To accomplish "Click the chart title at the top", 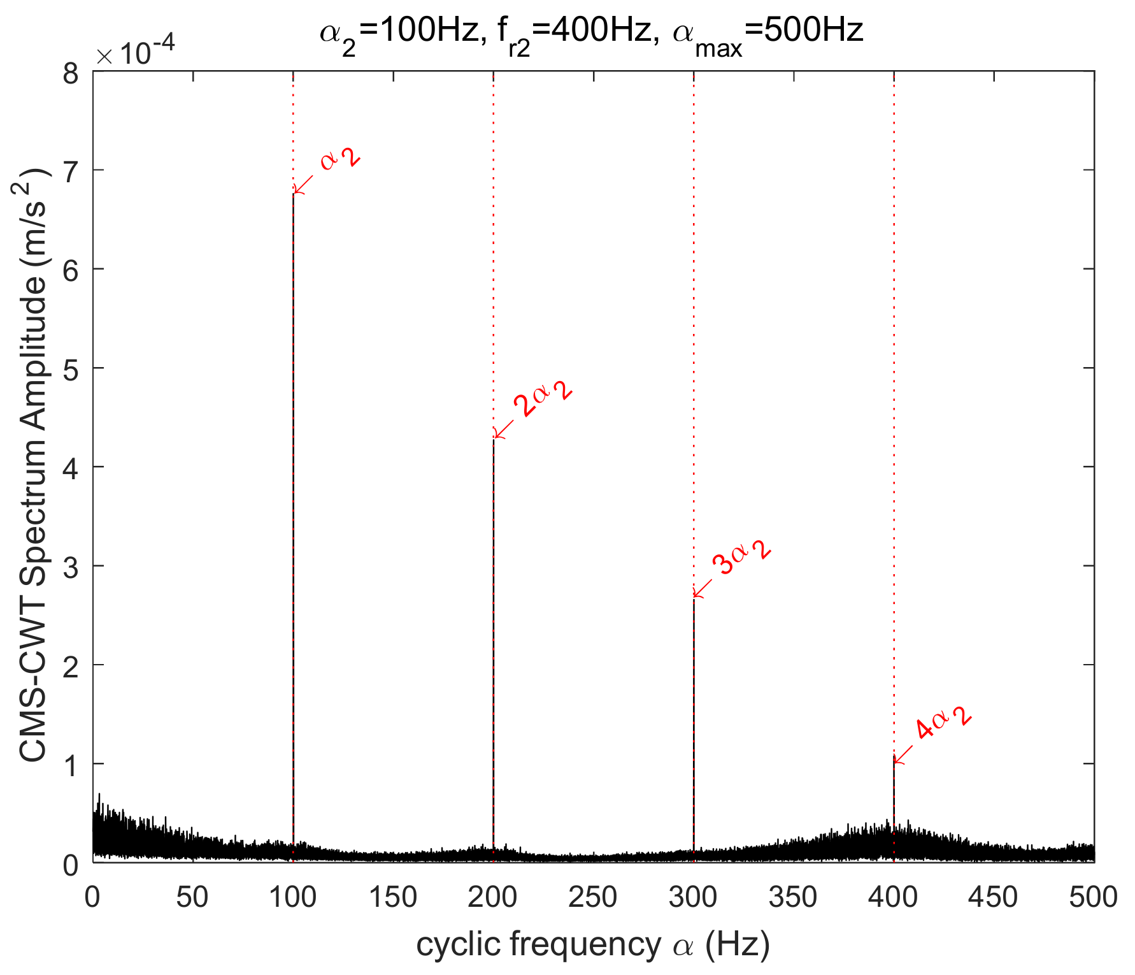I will tap(591, 32).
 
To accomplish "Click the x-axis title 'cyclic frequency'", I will tap(592, 945).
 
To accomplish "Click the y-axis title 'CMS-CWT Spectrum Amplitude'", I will tap(33, 465).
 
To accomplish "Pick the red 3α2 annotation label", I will tap(741, 556).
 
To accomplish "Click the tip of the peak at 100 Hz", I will tap(293, 194).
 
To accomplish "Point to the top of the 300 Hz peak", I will tap(694, 598).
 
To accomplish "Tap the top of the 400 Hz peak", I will tap(894, 756).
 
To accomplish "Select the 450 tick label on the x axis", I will tap(993, 898).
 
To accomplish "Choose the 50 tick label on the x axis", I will tap(192, 898).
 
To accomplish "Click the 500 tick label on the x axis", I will tap(1093, 898).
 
